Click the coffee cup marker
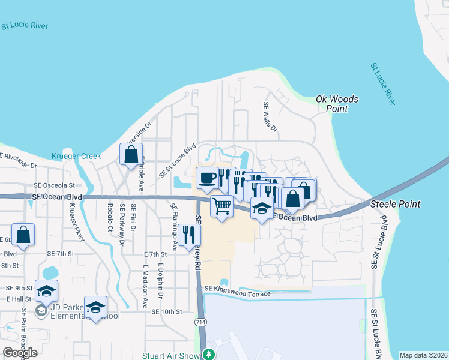pyautogui.click(x=208, y=178)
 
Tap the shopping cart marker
pyautogui.click(x=221, y=206)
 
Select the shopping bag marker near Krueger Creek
pyautogui.click(x=131, y=155)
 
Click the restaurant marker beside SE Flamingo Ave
pyautogui.click(x=189, y=235)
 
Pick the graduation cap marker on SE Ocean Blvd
pyautogui.click(x=262, y=208)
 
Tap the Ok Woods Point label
pyautogui.click(x=337, y=104)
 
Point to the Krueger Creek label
pyautogui.click(x=76, y=156)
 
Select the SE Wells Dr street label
pyautogui.click(x=270, y=116)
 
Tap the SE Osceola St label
pyautogui.click(x=54, y=186)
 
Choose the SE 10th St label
pyautogui.click(x=166, y=312)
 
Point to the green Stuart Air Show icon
pyautogui.click(x=208, y=354)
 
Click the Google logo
pyautogui.click(x=20, y=353)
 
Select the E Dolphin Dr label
pyautogui.click(x=160, y=280)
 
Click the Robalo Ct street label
pyautogui.click(x=110, y=217)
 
